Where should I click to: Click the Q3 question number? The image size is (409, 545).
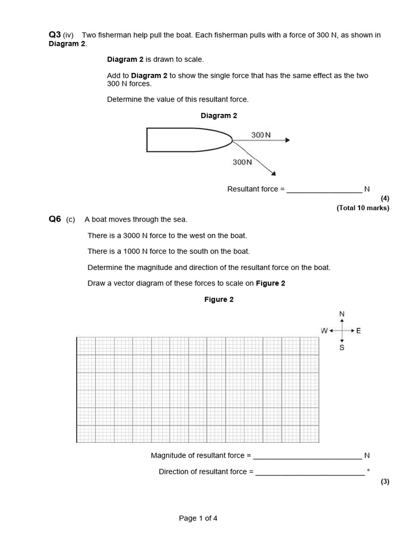point(55,35)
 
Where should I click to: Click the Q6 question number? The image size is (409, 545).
point(55,219)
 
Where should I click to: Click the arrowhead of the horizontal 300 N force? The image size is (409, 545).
point(287,141)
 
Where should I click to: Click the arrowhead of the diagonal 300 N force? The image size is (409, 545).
point(273,172)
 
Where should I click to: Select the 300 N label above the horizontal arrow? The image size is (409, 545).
point(261,135)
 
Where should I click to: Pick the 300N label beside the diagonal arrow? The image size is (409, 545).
point(242,162)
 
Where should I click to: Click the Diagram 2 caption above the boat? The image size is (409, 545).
point(219,115)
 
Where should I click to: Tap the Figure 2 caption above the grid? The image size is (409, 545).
point(219,300)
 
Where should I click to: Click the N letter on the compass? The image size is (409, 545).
point(342,314)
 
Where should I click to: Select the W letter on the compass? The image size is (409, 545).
point(324,331)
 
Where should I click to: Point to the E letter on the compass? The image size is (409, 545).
point(358,331)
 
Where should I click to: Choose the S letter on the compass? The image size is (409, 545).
point(342,348)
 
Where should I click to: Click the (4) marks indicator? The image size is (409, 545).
point(385,199)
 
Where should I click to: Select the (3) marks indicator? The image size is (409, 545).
point(385,482)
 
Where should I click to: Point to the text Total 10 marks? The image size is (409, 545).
point(363,208)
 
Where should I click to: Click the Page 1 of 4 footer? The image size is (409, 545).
point(198,518)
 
